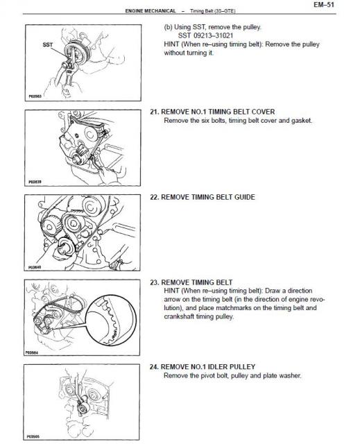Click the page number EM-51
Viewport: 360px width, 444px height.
coord(324,5)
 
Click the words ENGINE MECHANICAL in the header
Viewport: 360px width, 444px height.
coord(151,11)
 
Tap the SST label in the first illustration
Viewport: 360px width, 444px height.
coord(48,44)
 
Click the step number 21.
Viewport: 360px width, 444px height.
coord(154,112)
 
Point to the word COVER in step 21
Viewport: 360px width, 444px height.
coord(263,112)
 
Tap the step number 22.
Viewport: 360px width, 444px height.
coord(154,197)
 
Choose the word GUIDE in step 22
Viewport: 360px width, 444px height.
coord(245,197)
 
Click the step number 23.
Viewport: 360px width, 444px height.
coord(154,282)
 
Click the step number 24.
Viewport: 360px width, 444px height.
coord(154,367)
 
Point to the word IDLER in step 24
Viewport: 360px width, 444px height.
coord(217,367)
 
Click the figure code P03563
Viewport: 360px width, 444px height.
coord(35,96)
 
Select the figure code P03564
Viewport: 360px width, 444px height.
coord(32,352)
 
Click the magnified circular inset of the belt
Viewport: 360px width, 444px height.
coord(111,320)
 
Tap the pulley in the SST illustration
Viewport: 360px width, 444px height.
coord(76,53)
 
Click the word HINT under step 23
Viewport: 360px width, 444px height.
coord(171,291)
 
